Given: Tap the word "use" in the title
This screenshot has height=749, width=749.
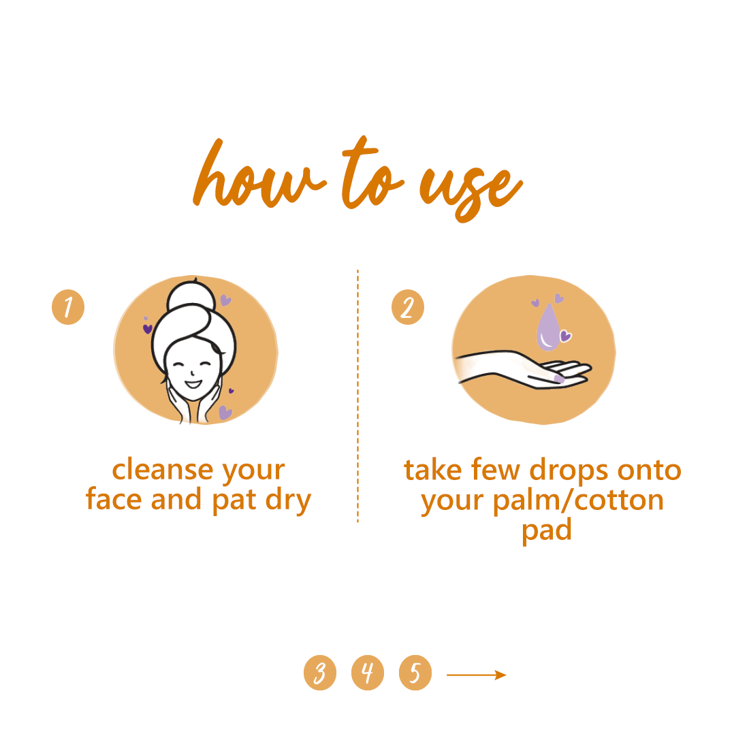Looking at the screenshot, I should coord(470,187).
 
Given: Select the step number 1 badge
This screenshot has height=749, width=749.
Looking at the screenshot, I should coord(68,307).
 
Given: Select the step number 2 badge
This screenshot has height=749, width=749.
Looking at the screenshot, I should coord(407,307).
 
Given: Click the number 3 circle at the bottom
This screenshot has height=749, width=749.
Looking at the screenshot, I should coord(320,673).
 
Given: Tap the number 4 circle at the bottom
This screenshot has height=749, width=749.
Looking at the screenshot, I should coord(368,673).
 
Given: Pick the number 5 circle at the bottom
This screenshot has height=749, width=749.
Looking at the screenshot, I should coord(415,673).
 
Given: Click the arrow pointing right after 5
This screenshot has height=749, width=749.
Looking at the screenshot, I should coord(476,675).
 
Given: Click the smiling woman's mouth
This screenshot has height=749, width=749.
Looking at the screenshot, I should coord(193,385).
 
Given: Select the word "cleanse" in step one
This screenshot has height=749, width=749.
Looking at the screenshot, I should coord(163,470).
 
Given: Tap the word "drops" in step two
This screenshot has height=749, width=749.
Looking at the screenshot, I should coord(569,471).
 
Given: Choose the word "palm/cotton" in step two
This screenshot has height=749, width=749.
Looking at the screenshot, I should coord(578,500).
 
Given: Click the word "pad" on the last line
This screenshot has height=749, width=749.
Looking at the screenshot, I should coord(546,530).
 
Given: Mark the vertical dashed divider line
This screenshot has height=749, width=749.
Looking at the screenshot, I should coord(357,395).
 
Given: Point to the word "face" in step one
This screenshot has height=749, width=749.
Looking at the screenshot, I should coord(114,500).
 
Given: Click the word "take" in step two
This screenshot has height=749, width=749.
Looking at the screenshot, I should coord(432,471).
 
